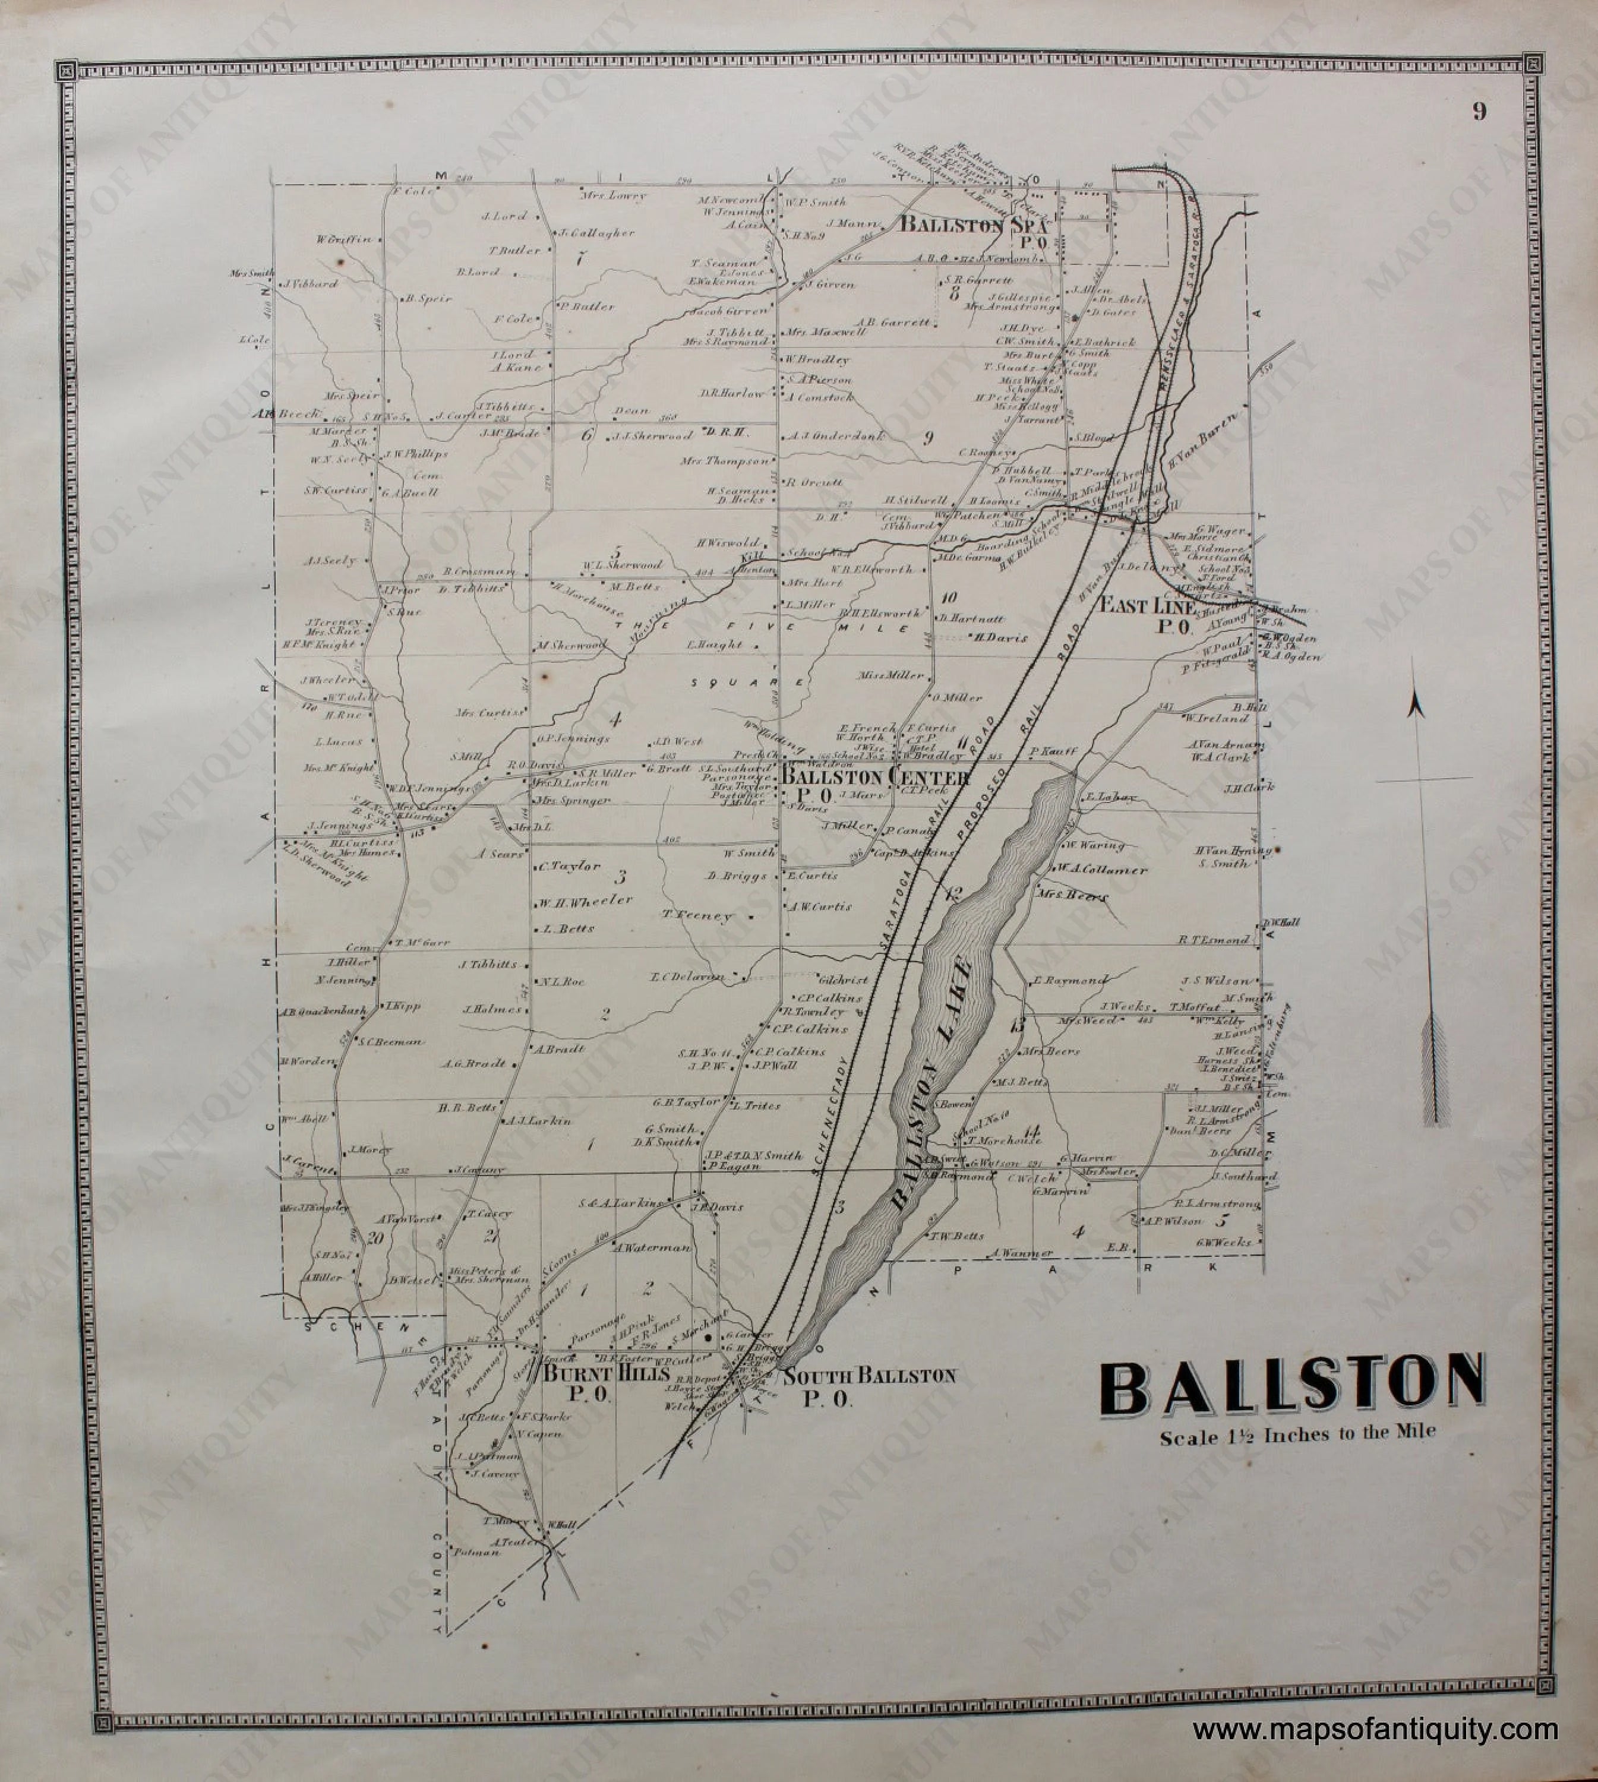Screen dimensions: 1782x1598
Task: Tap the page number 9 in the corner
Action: [x=1479, y=112]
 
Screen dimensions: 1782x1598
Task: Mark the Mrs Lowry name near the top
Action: [x=612, y=196]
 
